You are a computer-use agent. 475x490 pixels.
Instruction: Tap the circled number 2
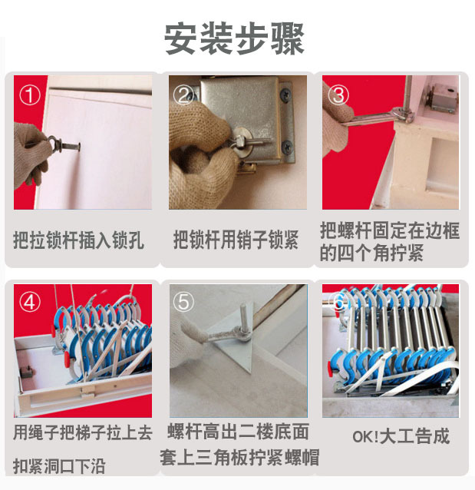click(x=184, y=95)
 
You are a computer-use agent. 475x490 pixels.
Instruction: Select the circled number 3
click(x=338, y=95)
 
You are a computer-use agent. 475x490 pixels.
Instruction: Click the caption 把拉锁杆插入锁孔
click(x=78, y=240)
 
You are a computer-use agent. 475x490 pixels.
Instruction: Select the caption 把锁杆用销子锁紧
click(x=236, y=240)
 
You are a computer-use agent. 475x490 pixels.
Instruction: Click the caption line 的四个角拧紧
click(x=371, y=253)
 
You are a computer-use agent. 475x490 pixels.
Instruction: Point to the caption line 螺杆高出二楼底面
click(x=238, y=432)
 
